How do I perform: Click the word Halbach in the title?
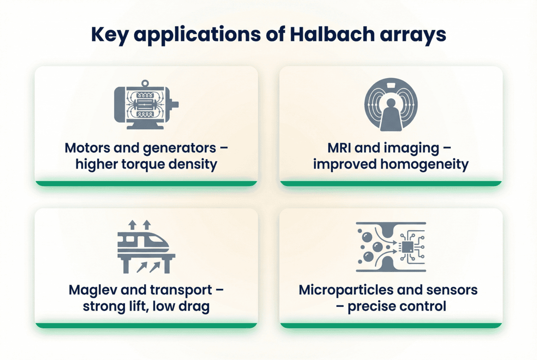pos(332,34)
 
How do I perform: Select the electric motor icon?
pos(146,105)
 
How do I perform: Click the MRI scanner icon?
pos(391,105)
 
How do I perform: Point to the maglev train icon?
pos(146,247)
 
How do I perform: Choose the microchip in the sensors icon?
pos(407,247)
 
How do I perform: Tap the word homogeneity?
pos(424,165)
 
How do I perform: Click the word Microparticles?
pos(345,290)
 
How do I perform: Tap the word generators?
pos(179,148)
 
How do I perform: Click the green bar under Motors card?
pos(146,183)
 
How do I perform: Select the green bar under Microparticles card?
pos(391,326)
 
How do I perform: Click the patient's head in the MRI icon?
pos(391,103)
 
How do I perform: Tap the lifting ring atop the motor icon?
pos(145,84)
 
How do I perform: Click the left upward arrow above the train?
pos(132,225)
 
